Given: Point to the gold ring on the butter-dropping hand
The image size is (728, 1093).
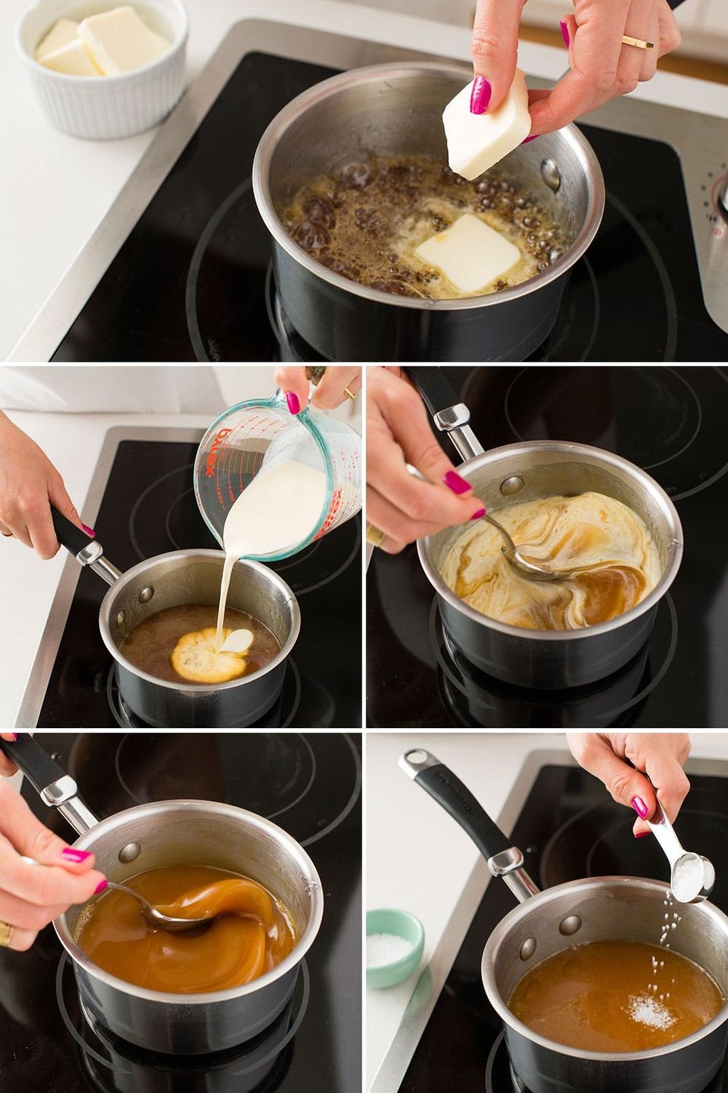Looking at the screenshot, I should click(x=637, y=42).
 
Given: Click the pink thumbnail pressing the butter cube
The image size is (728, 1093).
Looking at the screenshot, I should click(x=481, y=95).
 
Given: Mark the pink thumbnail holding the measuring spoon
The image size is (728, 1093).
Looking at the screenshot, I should click(x=639, y=807).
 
